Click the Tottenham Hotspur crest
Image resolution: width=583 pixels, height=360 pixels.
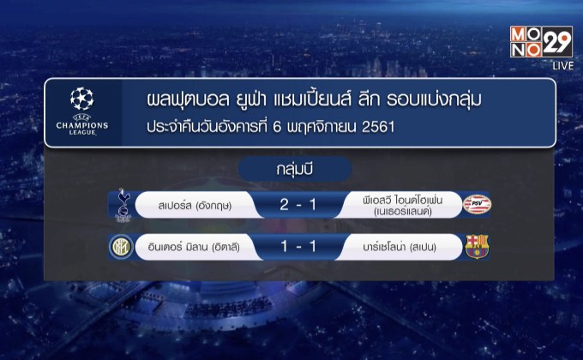click(x=117, y=205)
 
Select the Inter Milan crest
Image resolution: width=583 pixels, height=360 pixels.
click(x=117, y=247)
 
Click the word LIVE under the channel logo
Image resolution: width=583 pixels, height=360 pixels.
click(x=562, y=66)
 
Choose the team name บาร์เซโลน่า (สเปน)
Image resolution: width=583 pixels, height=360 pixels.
click(x=398, y=248)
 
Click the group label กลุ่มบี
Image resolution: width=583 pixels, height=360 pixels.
click(x=291, y=167)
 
